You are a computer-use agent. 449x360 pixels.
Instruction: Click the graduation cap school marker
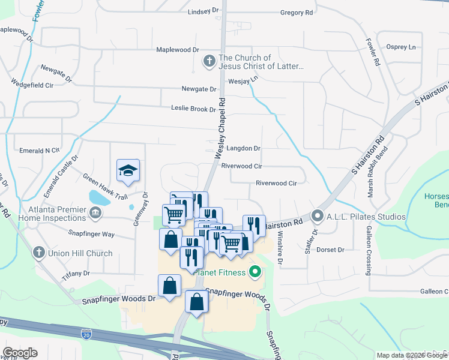pos(128,171)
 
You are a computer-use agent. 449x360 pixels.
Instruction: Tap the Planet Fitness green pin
pos(255,273)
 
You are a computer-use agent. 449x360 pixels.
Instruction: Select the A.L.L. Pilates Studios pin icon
pos(318,217)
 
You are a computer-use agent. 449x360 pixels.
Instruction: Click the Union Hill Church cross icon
pos(39,253)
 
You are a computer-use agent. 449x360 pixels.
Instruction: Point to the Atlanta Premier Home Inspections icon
pos(95,212)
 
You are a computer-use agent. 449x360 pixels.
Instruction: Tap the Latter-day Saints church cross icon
pos(209,61)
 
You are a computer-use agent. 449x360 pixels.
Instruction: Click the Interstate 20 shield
pos(86,331)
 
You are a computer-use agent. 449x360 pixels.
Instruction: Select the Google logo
pos(20,353)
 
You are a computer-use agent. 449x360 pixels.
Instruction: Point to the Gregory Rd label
pos(297,13)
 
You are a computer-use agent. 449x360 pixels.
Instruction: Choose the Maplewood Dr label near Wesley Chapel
pos(178,50)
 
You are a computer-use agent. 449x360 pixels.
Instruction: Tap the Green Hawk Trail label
pos(106,187)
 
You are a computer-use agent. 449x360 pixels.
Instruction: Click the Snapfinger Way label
pos(91,234)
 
